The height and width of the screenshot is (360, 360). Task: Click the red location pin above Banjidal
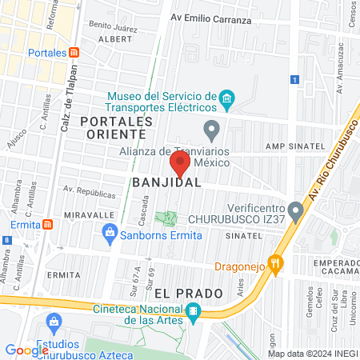180,163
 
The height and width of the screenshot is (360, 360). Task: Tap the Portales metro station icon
74,52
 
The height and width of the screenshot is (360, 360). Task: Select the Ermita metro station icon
48,224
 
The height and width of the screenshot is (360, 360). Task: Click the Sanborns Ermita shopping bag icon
110,234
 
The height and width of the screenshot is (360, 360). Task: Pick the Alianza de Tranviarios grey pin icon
211,129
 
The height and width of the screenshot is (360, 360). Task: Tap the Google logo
26,350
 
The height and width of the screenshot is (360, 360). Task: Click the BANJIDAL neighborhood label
166,183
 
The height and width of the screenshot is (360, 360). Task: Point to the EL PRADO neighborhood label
188,294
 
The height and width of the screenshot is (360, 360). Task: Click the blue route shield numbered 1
295,80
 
